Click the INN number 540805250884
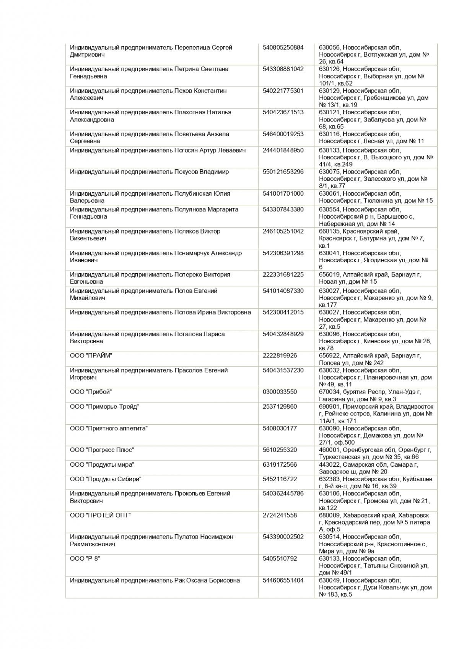point(283,47)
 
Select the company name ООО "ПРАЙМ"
point(91,356)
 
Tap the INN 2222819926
point(280,356)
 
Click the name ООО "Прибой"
point(91,392)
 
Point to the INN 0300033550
point(280,392)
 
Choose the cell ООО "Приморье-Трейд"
point(104,407)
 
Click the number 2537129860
point(280,407)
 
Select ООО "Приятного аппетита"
point(109,428)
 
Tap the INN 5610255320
point(280,450)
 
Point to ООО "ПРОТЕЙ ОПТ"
point(100,515)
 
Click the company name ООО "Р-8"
point(85,559)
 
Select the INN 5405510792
point(280,559)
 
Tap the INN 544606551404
point(283,580)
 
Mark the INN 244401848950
point(283,150)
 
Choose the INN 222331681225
point(283,274)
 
